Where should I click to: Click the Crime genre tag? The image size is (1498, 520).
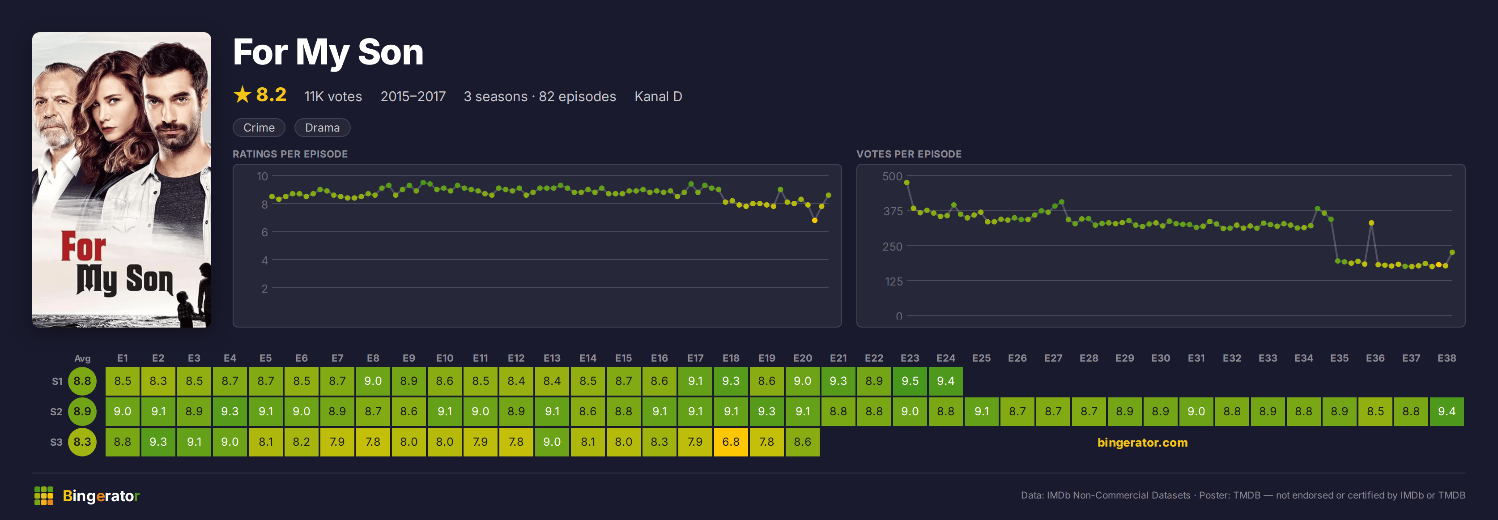(x=259, y=128)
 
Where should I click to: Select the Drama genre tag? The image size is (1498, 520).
(x=322, y=128)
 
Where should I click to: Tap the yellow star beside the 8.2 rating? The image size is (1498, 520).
(x=242, y=94)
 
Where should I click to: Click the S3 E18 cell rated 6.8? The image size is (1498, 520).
(x=731, y=442)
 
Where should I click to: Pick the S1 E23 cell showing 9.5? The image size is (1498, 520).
(x=910, y=381)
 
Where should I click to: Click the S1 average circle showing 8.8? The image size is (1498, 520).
(x=82, y=381)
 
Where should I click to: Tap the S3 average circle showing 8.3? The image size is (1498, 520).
(x=82, y=442)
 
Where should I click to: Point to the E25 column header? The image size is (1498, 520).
(x=981, y=358)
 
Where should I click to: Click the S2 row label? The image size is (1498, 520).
(x=56, y=412)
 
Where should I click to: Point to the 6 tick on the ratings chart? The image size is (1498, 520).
(x=264, y=232)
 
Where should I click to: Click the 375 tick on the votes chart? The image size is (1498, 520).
(x=893, y=211)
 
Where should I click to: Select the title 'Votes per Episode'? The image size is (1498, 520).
(x=909, y=154)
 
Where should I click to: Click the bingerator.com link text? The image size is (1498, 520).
(x=1142, y=442)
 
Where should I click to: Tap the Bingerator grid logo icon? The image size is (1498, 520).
(x=43, y=495)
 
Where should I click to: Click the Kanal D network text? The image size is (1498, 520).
(x=658, y=97)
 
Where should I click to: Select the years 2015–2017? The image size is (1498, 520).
(x=413, y=97)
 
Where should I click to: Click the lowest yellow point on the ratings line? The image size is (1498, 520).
(x=815, y=221)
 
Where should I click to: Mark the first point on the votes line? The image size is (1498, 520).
(x=906, y=183)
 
